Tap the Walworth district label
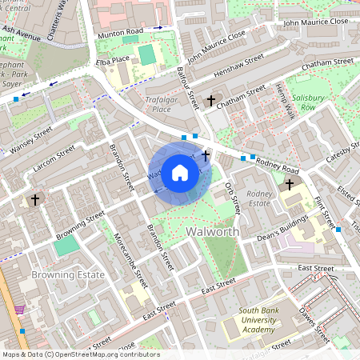click(x=212, y=231)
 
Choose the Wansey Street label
click(x=32, y=135)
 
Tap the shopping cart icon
click(x=19, y=309)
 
